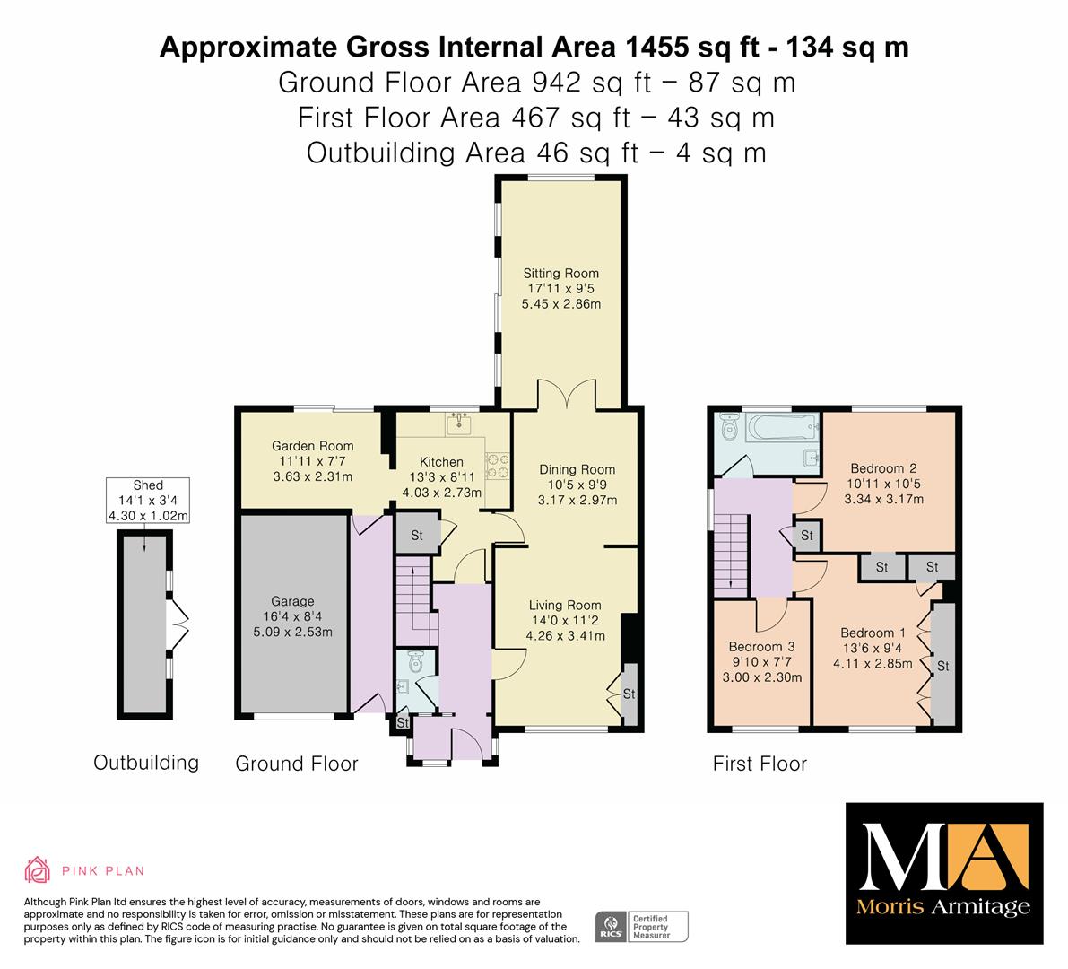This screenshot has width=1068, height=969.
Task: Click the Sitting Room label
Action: (x=561, y=274)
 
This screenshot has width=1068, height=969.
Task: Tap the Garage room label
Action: (x=292, y=601)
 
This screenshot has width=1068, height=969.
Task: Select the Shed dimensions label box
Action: (x=148, y=500)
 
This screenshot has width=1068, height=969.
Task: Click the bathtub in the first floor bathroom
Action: (x=782, y=428)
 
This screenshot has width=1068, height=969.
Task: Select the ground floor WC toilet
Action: (x=415, y=661)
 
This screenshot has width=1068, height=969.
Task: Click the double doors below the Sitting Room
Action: (x=567, y=393)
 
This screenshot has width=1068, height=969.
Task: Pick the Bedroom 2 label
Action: (x=883, y=468)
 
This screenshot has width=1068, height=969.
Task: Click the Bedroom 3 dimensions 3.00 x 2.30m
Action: (x=762, y=677)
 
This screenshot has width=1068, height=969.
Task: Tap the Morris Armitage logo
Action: (x=944, y=874)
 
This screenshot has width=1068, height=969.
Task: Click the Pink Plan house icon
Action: (x=37, y=869)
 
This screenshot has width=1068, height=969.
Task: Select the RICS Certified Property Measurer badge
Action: (x=642, y=927)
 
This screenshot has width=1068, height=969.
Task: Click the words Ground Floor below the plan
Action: (x=296, y=764)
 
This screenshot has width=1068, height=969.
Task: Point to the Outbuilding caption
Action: (x=146, y=762)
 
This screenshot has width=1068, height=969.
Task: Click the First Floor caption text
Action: (x=760, y=764)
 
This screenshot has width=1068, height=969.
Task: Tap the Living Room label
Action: (x=565, y=605)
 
